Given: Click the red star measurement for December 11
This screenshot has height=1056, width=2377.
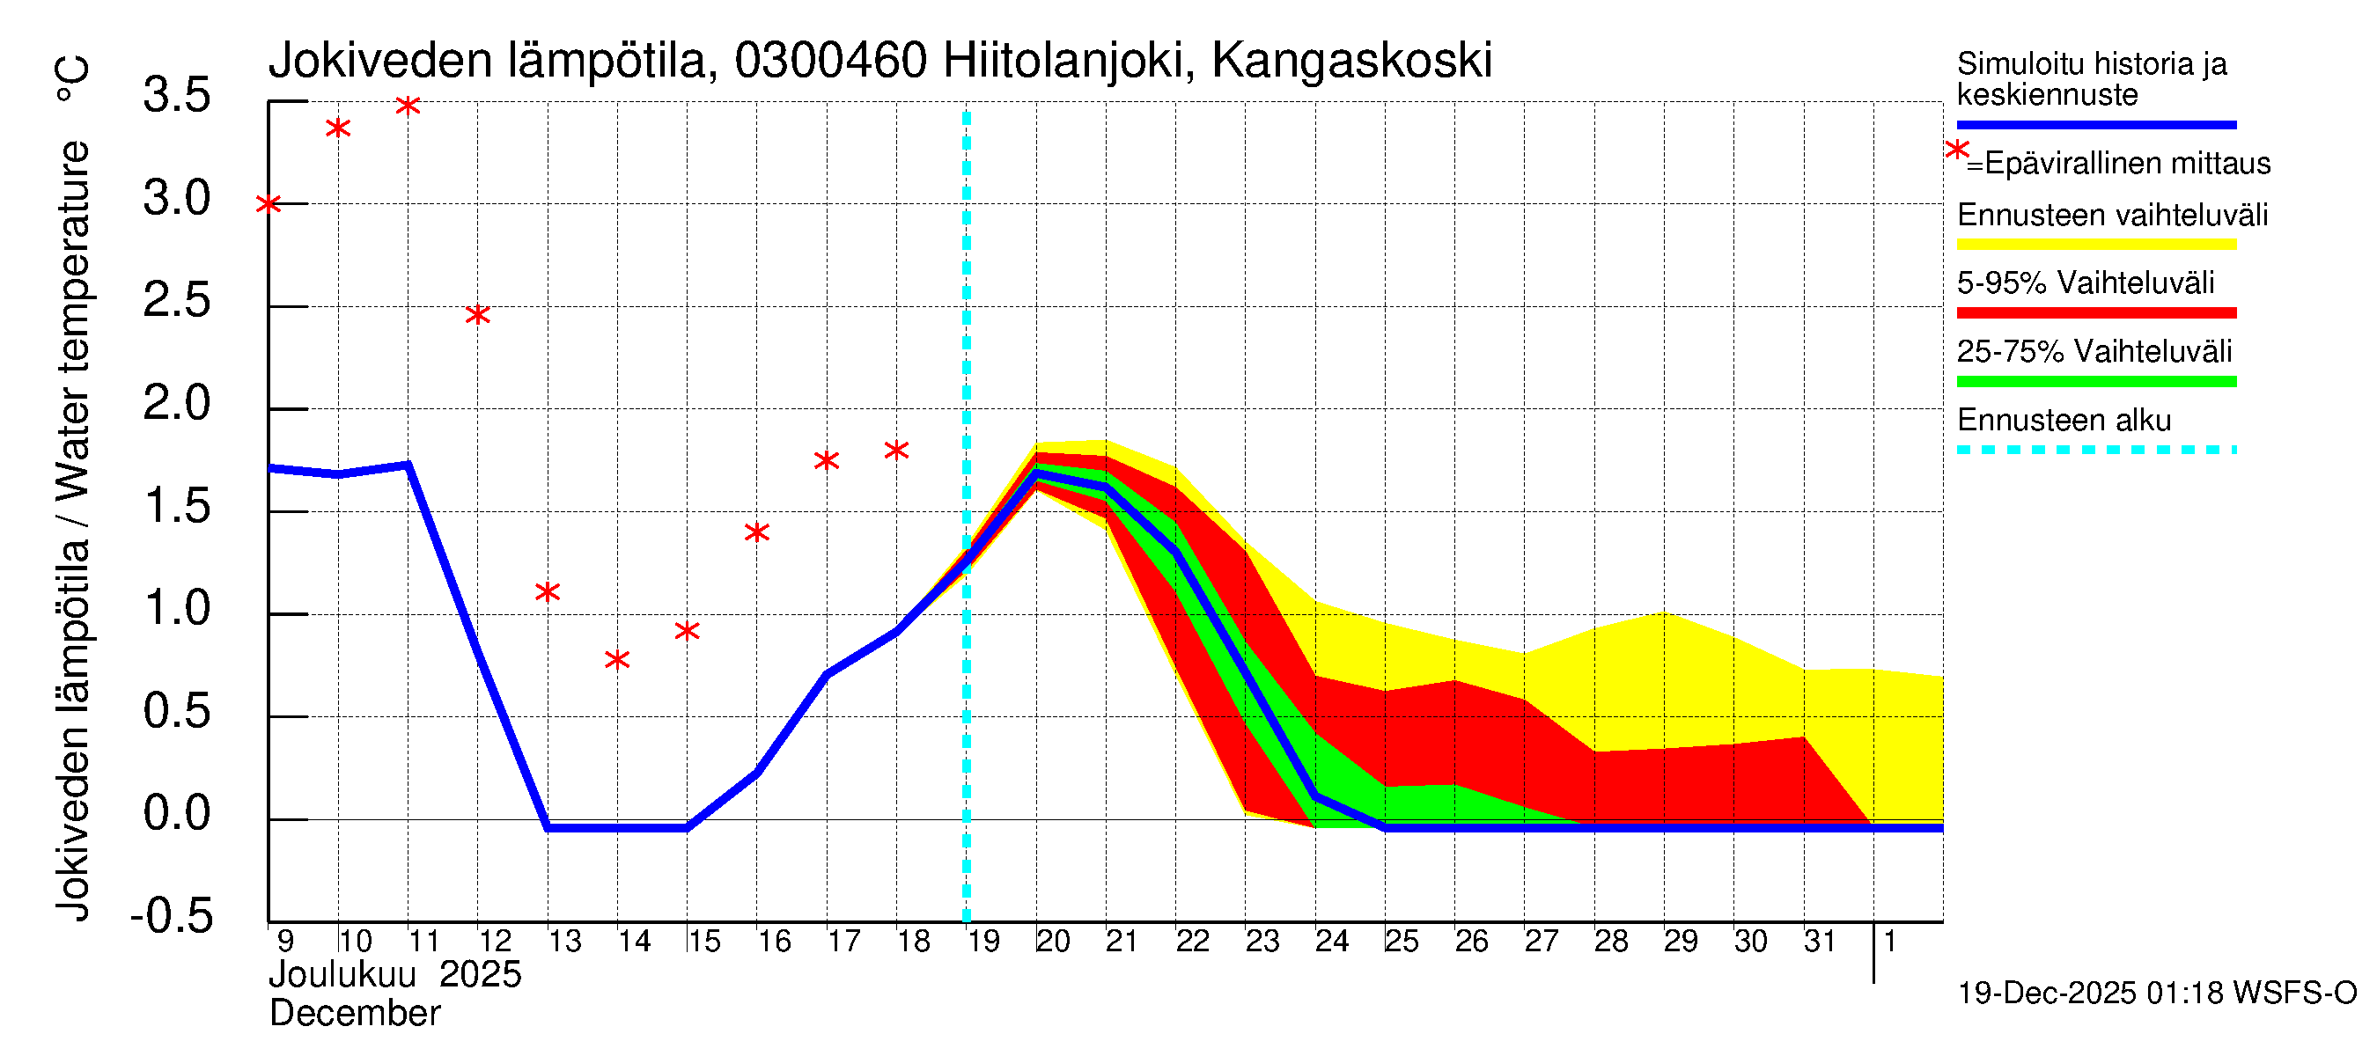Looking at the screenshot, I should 408,105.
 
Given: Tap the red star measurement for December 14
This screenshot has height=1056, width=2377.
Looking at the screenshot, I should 617,659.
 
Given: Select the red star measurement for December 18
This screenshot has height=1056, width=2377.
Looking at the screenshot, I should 896,450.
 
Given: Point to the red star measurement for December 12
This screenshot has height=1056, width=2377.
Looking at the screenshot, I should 477,314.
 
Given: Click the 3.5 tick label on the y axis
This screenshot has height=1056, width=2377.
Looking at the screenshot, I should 177,96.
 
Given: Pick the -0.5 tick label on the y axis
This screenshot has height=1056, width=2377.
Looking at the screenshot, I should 172,917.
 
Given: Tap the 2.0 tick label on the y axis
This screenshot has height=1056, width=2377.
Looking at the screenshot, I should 177,404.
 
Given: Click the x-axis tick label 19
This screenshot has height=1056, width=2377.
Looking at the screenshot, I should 983,942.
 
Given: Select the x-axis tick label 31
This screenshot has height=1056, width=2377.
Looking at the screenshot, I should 1820,942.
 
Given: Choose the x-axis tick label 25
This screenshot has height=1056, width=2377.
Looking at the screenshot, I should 1402,942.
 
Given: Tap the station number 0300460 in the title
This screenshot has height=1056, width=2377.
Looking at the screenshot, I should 830,61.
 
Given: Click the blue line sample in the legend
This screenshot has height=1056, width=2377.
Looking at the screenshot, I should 2095,124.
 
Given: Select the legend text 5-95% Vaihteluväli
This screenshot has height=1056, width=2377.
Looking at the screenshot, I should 2085,283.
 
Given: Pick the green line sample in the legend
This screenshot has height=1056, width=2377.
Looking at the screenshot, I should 2095,381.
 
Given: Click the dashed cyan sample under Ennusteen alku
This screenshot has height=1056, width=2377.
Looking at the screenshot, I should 2095,450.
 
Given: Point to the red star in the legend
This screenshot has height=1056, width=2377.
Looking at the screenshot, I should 1956,150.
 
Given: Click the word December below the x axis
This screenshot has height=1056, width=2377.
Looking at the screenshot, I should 354,1014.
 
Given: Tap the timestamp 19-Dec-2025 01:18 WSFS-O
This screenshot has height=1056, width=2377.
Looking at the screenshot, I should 2156,994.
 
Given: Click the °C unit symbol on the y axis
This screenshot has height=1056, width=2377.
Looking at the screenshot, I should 72,79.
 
